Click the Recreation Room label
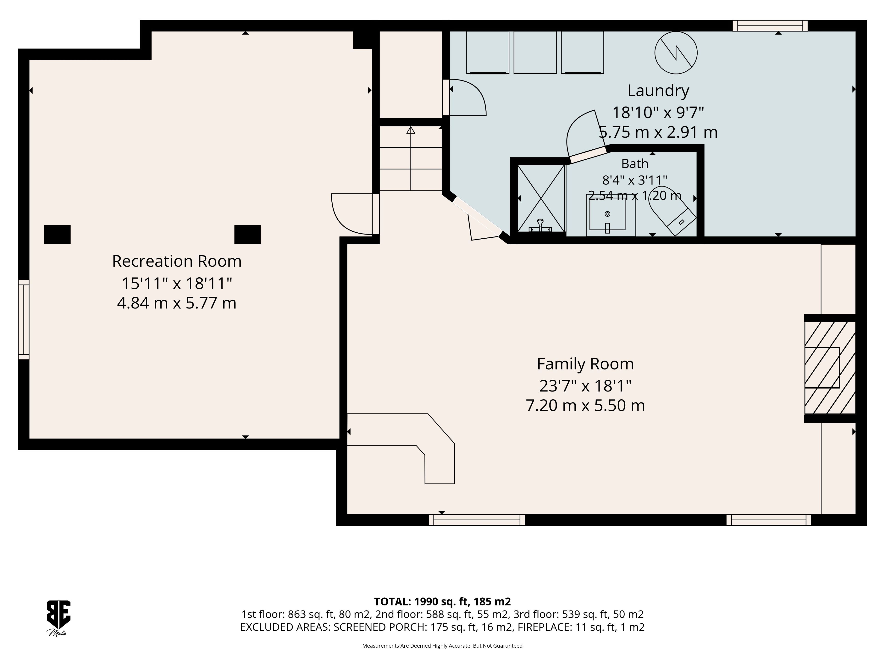tap(177, 261)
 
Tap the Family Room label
tap(585, 364)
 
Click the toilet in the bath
tap(672, 210)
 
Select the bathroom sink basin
tap(607, 214)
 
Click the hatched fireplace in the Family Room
tap(830, 368)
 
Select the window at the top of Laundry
tap(770, 26)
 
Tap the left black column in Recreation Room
tap(57, 234)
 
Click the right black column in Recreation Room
tap(247, 234)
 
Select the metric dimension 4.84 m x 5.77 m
tap(177, 303)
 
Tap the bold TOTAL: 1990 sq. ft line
tap(442, 602)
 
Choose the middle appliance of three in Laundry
tap(535, 52)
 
